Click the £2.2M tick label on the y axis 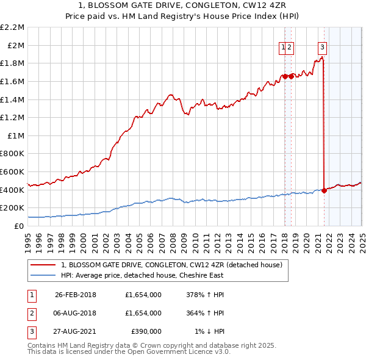tap(13, 27)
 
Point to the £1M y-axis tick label tap(15, 135)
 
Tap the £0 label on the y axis tap(20, 226)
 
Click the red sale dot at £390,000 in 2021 tap(324, 190)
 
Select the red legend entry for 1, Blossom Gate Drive tap(171, 265)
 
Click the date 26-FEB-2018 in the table tap(76, 295)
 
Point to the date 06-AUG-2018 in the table tap(76, 313)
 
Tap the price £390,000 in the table tap(146, 331)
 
